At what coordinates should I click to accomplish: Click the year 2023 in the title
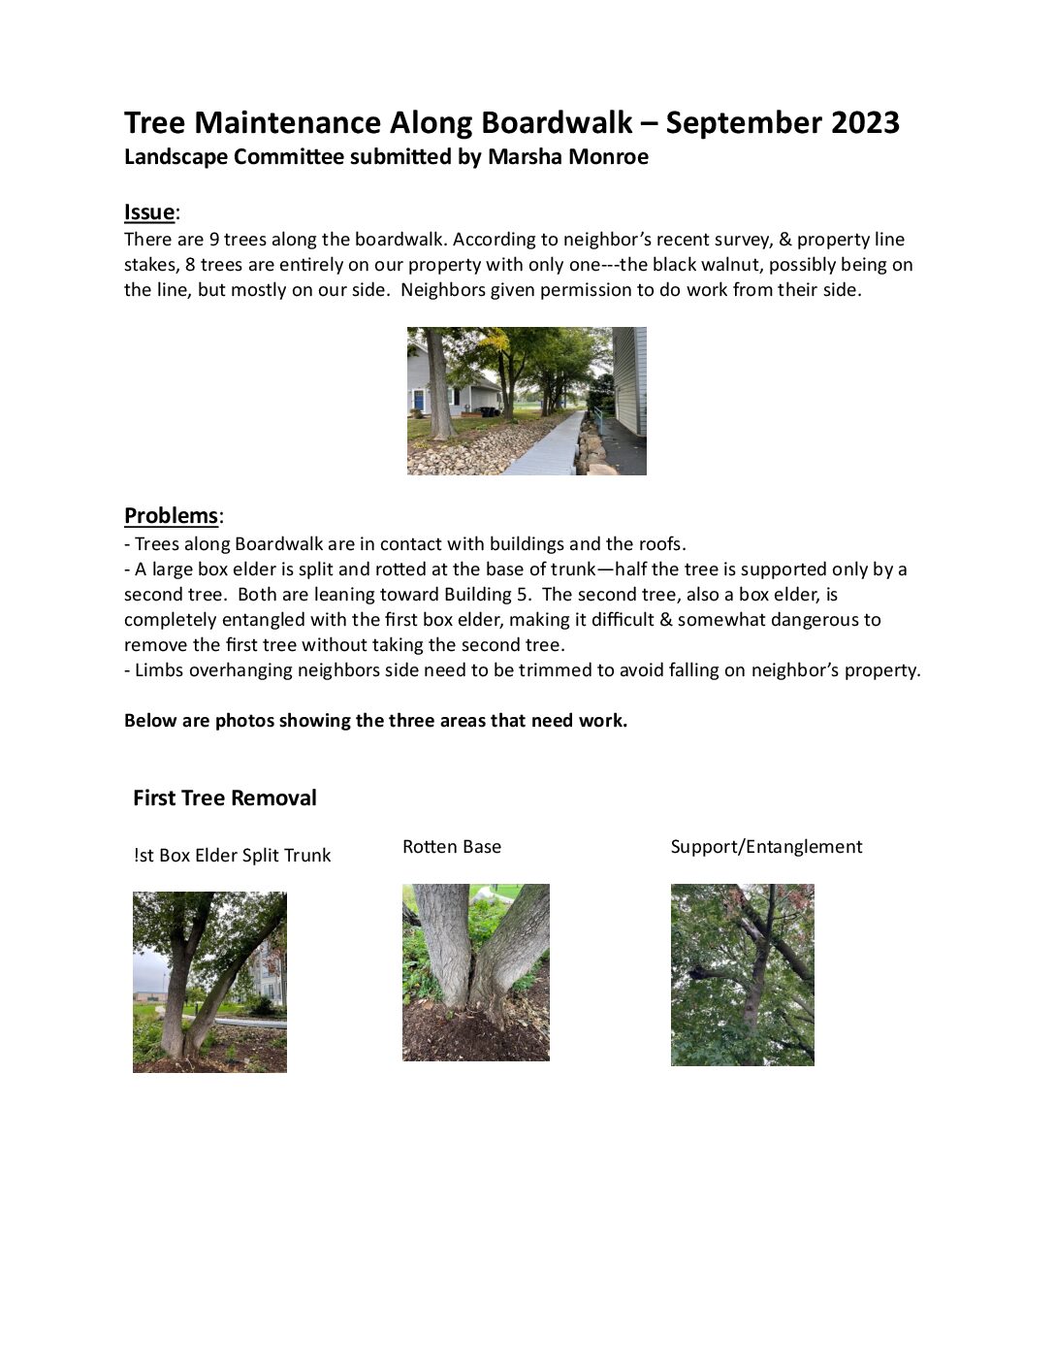(x=863, y=123)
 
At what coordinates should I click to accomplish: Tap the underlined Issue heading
(x=149, y=212)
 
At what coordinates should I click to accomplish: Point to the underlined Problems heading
(x=171, y=515)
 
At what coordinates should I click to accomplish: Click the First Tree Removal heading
(x=225, y=798)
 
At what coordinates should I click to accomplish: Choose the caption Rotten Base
(x=452, y=847)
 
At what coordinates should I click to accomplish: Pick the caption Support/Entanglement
(x=766, y=847)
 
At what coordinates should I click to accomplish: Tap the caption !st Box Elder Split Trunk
(x=233, y=856)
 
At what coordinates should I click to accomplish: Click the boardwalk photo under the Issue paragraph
(x=527, y=401)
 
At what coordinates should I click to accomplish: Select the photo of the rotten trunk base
(x=475, y=971)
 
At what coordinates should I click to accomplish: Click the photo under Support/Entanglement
(x=742, y=974)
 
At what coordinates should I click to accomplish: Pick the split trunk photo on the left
(x=209, y=982)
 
